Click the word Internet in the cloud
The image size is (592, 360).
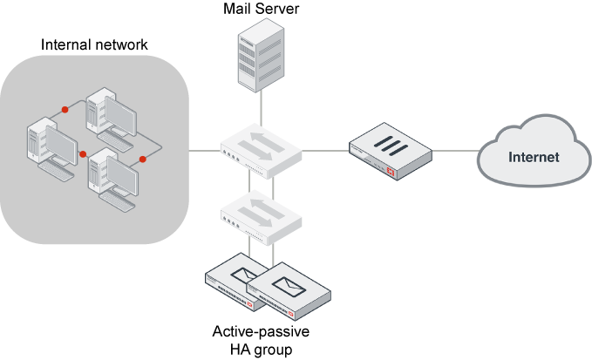click(534, 158)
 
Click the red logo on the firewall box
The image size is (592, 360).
click(391, 173)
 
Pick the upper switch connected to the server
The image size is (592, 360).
click(261, 149)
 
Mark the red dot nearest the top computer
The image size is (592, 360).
click(65, 110)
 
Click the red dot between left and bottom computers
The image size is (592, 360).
click(84, 154)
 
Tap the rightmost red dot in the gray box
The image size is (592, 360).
click(143, 160)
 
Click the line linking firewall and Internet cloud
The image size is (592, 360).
click(453, 151)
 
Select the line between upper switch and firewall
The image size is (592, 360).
click(327, 151)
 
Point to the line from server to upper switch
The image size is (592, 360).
click(260, 109)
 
